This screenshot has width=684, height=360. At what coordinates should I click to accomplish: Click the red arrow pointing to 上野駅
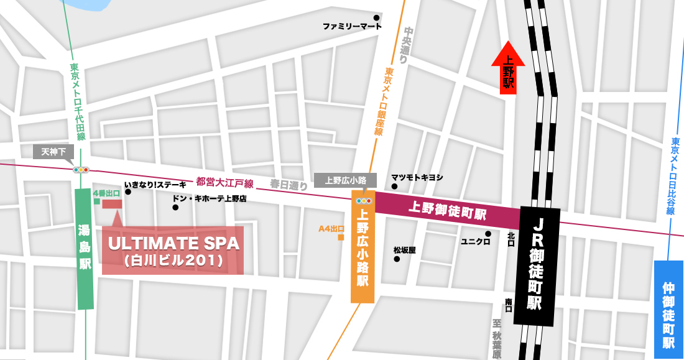tap(508, 68)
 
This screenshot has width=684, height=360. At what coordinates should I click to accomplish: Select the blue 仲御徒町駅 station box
tap(668, 309)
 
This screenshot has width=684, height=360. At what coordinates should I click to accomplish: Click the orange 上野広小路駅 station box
tap(363, 254)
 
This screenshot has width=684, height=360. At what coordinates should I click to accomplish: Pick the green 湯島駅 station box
tap(85, 248)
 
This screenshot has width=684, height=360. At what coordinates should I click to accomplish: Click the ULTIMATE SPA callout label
tap(173, 250)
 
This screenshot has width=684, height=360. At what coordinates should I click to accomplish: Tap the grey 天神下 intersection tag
tap(53, 151)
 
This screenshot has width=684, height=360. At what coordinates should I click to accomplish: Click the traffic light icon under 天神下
tap(81, 169)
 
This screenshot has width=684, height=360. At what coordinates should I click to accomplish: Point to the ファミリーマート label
tap(352, 27)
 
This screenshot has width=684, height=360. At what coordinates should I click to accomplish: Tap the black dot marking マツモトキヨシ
tap(394, 186)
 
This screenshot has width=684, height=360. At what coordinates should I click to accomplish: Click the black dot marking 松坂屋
tap(397, 259)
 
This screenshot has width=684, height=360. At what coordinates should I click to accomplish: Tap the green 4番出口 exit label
tap(106, 193)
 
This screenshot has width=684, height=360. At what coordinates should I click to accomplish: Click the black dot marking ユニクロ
tap(488, 234)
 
